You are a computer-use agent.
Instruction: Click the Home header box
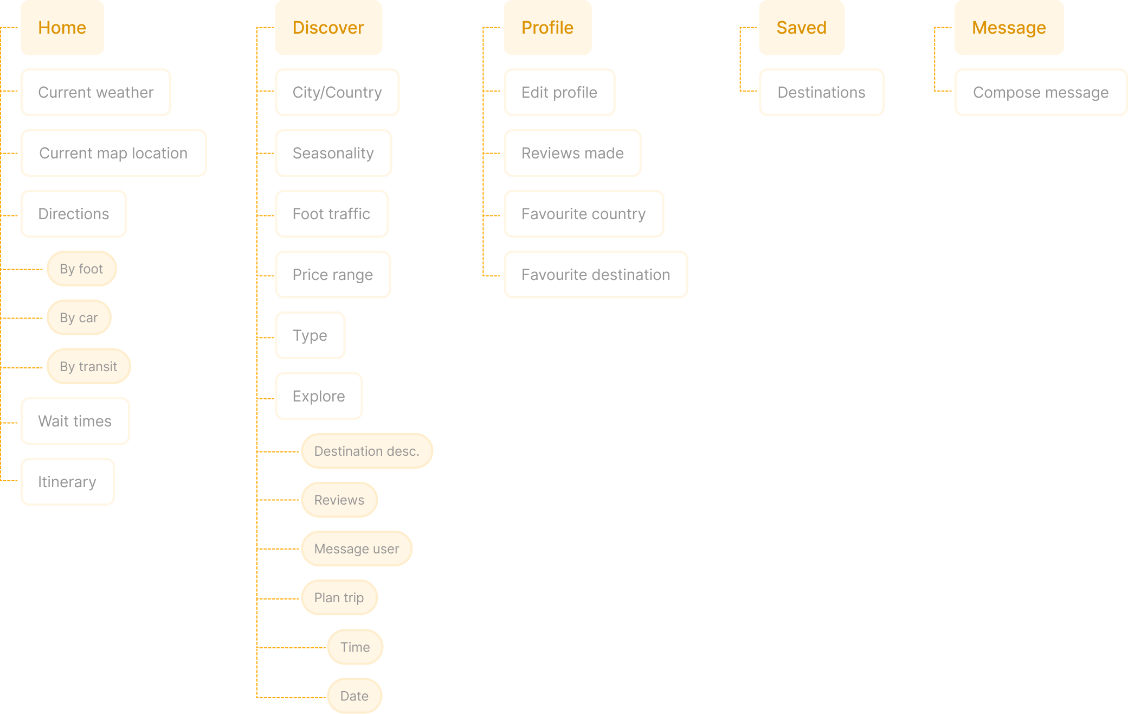click(62, 28)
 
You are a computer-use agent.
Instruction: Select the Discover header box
click(328, 28)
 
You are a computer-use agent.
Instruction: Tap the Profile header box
click(547, 28)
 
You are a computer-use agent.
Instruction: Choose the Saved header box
click(801, 28)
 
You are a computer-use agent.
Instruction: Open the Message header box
click(1009, 28)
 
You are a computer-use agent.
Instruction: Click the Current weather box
click(96, 92)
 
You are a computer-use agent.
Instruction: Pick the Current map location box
click(113, 153)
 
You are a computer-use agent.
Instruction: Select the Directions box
click(74, 214)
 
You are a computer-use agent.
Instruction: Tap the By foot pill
click(81, 269)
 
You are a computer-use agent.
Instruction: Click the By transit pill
click(88, 366)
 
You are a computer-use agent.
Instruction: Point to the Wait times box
click(75, 421)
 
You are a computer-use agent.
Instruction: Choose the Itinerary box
click(67, 482)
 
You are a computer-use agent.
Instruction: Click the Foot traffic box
click(332, 214)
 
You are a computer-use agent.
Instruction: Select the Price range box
click(333, 275)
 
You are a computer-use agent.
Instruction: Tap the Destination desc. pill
click(367, 451)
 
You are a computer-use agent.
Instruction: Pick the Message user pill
click(357, 549)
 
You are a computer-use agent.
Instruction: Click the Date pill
click(354, 696)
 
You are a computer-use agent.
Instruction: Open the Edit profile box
click(559, 92)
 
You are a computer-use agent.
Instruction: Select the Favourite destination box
click(596, 275)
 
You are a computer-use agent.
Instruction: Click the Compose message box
click(1041, 92)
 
